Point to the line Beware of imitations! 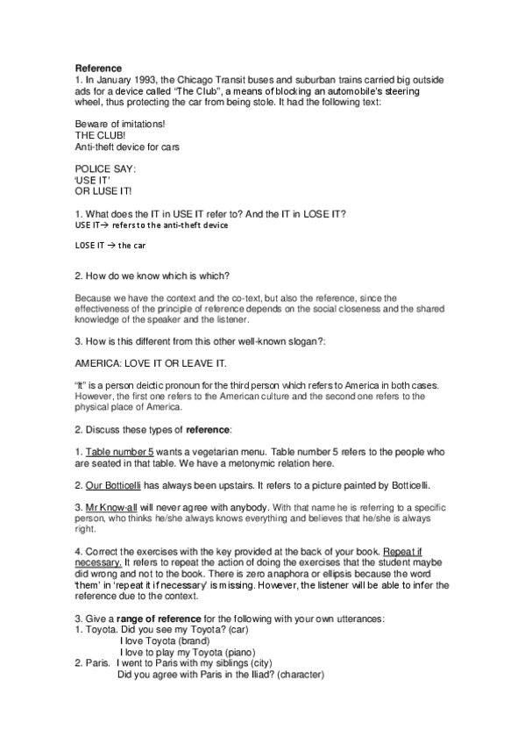click(x=115, y=125)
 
